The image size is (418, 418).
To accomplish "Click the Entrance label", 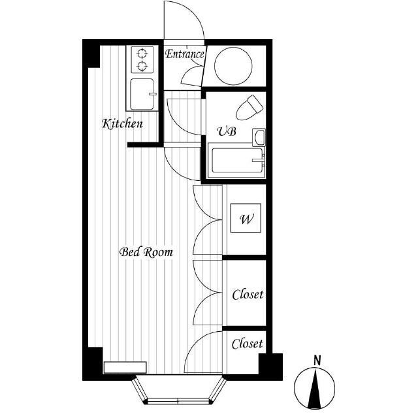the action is pyautogui.click(x=184, y=54).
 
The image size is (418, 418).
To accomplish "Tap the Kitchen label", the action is pyautogui.click(x=122, y=124).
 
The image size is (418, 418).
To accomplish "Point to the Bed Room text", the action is pyautogui.click(x=146, y=252).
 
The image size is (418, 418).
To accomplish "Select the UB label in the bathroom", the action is pyautogui.click(x=227, y=131).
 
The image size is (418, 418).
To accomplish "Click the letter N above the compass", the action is pyautogui.click(x=317, y=361).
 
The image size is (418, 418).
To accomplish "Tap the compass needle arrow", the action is pyautogui.click(x=315, y=389).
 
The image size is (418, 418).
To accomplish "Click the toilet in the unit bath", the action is pyautogui.click(x=249, y=108).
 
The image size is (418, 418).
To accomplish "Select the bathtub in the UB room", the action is pyautogui.click(x=236, y=161).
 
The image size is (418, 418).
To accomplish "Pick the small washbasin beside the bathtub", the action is pyautogui.click(x=259, y=137).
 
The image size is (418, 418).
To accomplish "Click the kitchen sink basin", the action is pyautogui.click(x=142, y=94).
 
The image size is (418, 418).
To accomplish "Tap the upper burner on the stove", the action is pyautogui.click(x=142, y=54).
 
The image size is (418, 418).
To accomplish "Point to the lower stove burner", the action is pyautogui.click(x=142, y=65).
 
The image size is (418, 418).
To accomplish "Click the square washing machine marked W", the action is pyautogui.click(x=246, y=218).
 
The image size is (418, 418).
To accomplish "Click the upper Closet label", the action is pyautogui.click(x=248, y=295).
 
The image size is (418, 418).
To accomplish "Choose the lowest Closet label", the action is pyautogui.click(x=247, y=344).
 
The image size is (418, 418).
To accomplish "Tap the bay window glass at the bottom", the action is pyautogui.click(x=178, y=400).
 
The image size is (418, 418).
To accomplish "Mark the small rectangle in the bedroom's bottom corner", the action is pyautogui.click(x=125, y=367).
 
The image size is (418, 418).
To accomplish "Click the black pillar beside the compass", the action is pyautogui.click(x=271, y=367).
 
